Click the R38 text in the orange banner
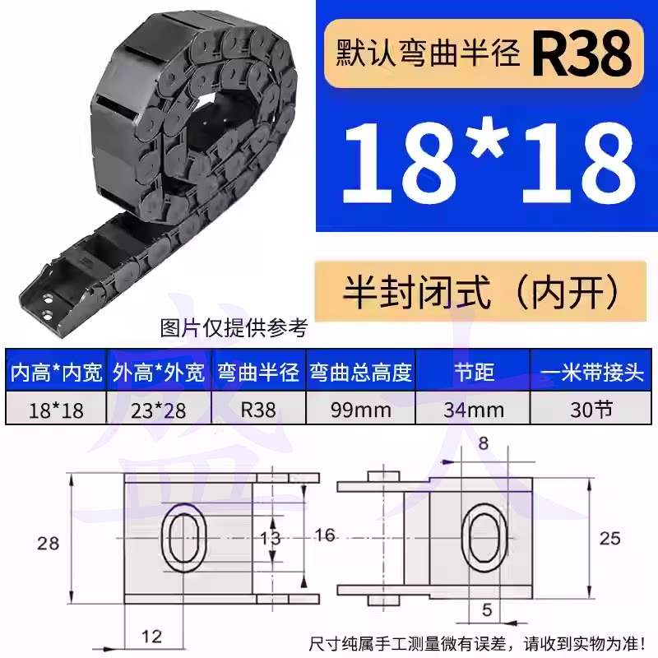[x=582, y=53]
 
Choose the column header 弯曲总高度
[x=361, y=372]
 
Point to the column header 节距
[x=474, y=372]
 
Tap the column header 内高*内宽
[x=56, y=372]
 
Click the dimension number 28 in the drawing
[x=48, y=544]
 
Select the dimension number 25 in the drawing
[x=609, y=539]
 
